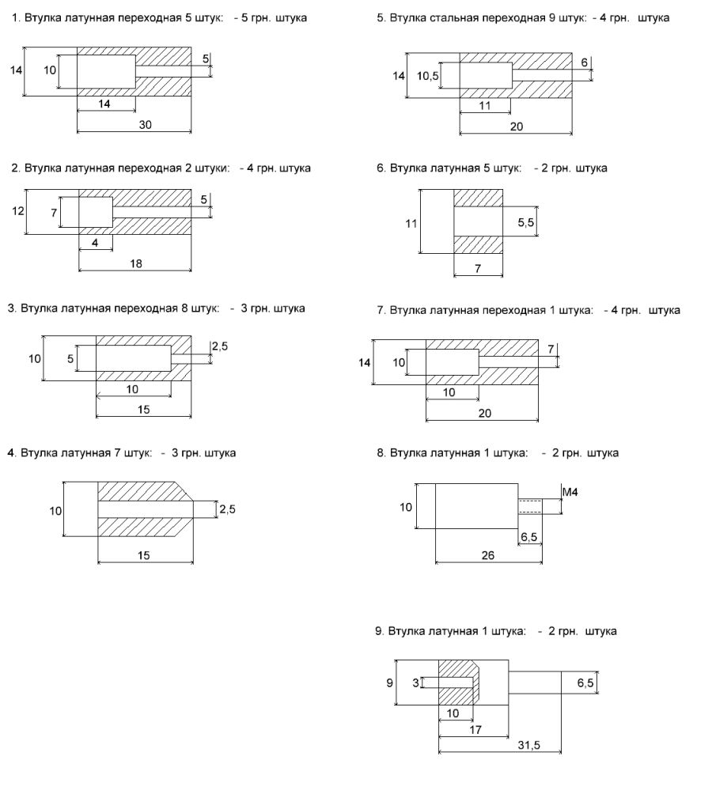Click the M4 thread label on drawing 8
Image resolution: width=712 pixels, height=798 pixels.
click(x=570, y=493)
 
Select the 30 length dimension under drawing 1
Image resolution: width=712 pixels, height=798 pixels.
click(x=146, y=124)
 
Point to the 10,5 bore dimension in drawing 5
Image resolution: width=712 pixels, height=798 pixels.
click(x=426, y=75)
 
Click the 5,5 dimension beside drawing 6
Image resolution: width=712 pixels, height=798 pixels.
click(x=526, y=224)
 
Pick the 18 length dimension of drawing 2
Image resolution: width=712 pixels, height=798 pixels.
click(x=136, y=264)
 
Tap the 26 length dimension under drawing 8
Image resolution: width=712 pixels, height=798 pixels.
click(x=488, y=556)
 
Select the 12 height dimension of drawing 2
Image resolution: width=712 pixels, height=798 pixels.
click(x=17, y=211)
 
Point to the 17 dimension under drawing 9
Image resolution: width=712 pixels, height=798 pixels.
click(x=475, y=730)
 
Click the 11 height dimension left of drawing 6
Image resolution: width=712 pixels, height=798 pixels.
click(x=410, y=224)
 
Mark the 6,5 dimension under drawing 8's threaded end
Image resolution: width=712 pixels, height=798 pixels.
click(x=529, y=538)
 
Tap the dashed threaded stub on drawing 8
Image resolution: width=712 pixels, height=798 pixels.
click(x=528, y=505)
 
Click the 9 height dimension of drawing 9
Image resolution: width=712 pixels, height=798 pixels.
click(x=389, y=681)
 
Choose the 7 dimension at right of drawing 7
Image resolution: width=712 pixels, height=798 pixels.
click(x=551, y=349)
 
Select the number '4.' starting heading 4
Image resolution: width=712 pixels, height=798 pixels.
click(x=11, y=453)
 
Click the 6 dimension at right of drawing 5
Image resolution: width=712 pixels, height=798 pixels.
click(x=583, y=62)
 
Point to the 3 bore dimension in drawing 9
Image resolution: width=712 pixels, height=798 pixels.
click(x=415, y=682)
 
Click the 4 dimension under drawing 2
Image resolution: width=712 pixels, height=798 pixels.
click(x=95, y=244)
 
